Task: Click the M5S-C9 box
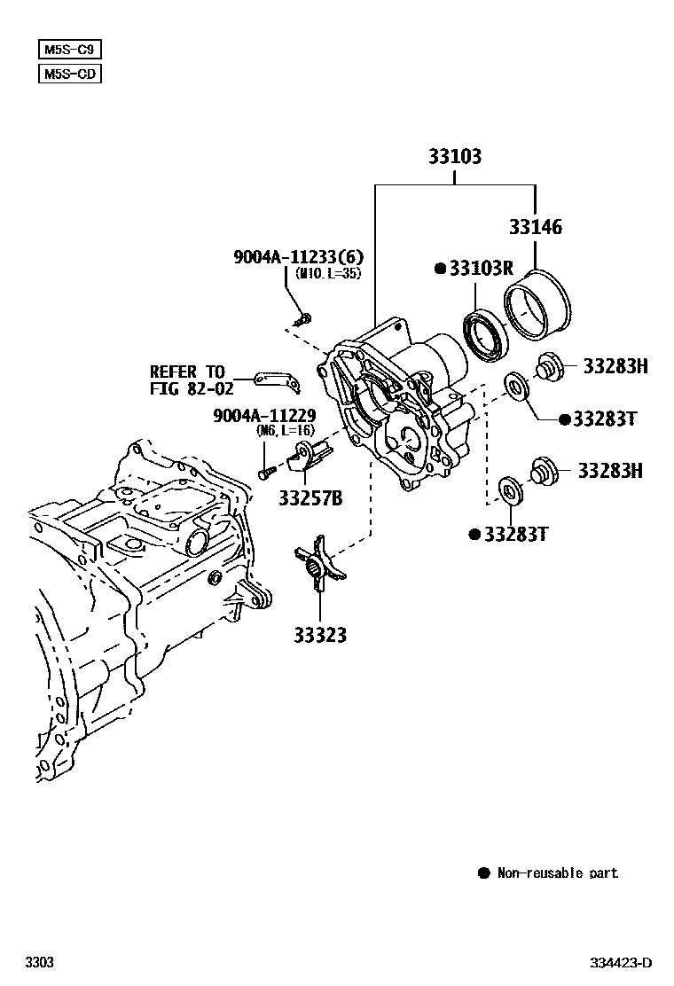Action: click(68, 50)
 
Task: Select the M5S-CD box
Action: click(68, 74)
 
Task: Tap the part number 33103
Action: click(455, 157)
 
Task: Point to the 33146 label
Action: click(535, 227)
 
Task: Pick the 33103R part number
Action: click(482, 269)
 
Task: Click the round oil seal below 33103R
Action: click(485, 335)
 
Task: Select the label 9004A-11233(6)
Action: click(299, 257)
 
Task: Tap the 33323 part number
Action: click(320, 635)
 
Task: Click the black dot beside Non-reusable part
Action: click(483, 873)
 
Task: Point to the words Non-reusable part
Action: click(557, 873)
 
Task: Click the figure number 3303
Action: click(39, 963)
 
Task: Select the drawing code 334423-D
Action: click(623, 963)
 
